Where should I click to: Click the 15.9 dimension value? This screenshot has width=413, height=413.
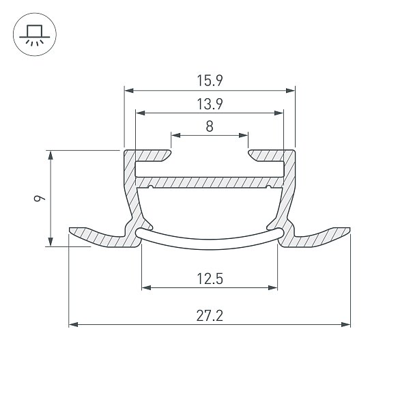coord(210,81)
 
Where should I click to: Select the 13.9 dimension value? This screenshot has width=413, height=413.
coord(210,104)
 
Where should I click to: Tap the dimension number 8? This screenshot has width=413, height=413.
coord(210,126)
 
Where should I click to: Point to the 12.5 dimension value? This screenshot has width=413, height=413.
coord(210,279)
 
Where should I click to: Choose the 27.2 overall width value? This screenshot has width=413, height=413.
coord(210,315)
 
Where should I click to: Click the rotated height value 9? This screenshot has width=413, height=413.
coord(40,198)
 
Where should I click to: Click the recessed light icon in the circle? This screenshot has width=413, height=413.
coord(35,35)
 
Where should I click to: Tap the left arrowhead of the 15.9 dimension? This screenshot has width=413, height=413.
coord(129,91)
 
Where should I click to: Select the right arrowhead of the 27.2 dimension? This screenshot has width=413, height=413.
coord(345,324)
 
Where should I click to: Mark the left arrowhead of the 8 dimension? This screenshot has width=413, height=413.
coord(175,135)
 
